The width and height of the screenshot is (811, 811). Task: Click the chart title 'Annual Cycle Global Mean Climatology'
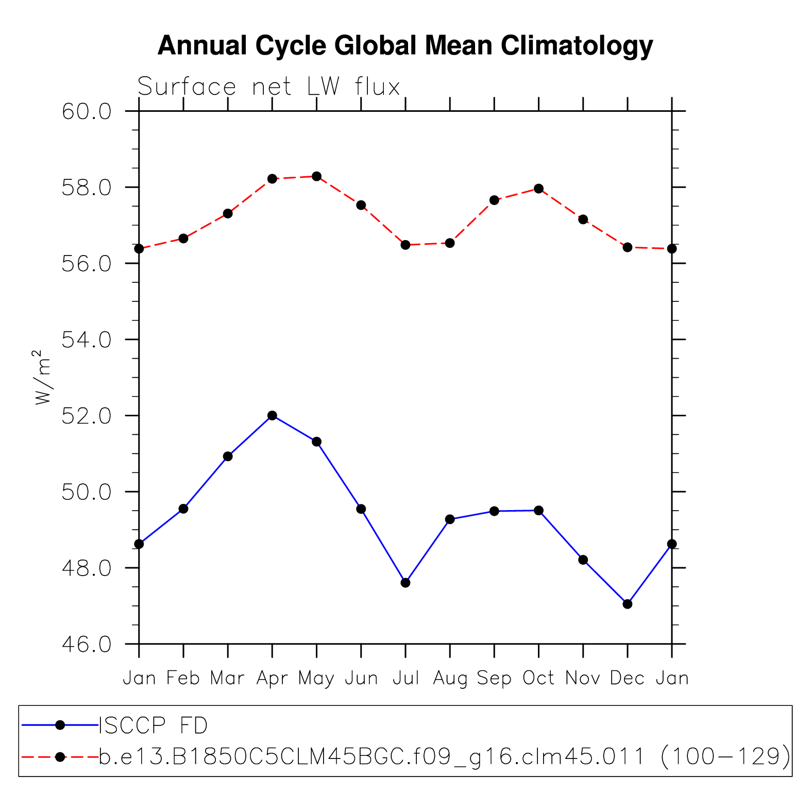click(405, 45)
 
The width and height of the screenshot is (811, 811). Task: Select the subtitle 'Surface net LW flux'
click(268, 87)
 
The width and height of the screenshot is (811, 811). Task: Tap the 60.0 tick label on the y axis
click(87, 111)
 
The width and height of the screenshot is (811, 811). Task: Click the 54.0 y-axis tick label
click(87, 340)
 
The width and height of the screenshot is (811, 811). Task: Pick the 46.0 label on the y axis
click(87, 644)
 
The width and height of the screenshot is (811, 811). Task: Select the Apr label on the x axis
click(272, 678)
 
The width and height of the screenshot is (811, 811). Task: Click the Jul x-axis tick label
click(405, 678)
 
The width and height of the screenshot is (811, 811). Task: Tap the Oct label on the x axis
click(538, 678)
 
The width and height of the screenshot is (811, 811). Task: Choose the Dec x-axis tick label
click(627, 678)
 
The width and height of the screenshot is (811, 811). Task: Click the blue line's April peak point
click(272, 415)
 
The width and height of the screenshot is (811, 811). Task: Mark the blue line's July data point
click(405, 583)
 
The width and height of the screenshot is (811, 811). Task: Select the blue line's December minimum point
click(627, 604)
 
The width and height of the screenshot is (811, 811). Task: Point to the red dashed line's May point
click(316, 176)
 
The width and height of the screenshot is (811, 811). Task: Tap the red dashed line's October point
click(538, 189)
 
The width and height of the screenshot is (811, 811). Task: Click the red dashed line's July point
click(405, 245)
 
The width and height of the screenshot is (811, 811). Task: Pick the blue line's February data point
click(183, 509)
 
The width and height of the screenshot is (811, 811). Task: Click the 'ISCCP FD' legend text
click(153, 725)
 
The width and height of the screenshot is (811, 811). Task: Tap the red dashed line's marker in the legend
click(60, 756)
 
